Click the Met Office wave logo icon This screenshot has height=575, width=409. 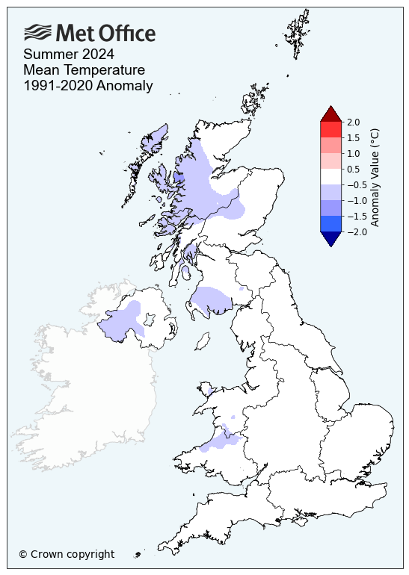[38, 32]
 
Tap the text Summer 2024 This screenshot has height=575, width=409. [69, 54]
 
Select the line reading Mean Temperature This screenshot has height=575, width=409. [84, 70]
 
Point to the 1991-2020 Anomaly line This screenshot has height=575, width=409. [88, 86]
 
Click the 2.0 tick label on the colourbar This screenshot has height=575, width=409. [354, 122]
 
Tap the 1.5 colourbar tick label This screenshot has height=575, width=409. [354, 137]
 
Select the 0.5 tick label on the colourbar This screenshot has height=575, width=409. [354, 169]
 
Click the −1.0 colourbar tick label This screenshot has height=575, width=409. [356, 200]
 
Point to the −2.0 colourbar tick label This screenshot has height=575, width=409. [356, 231]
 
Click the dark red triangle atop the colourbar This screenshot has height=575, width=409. [330, 114]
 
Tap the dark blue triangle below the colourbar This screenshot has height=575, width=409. [330, 238]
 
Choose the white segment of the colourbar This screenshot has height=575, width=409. [330, 176]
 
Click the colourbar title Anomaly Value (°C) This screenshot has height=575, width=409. [375, 176]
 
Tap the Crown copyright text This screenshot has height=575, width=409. [67, 554]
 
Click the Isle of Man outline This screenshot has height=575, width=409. [201, 342]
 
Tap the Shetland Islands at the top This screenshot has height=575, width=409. [298, 34]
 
